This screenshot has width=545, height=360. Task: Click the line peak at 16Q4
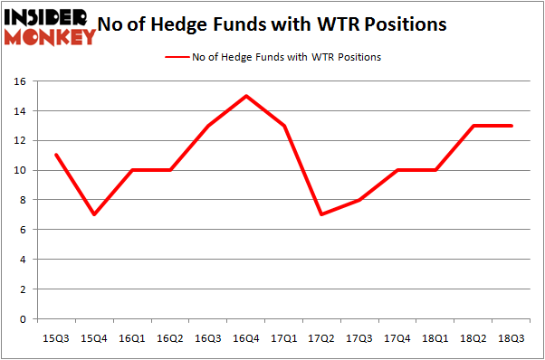pos(245,96)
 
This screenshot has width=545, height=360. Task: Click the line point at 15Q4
pos(93,214)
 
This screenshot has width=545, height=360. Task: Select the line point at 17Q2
pos(321,214)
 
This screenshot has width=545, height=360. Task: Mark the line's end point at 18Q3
pos(512,126)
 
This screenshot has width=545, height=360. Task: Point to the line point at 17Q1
pos(283,126)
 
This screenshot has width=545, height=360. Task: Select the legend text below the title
pos(286,57)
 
